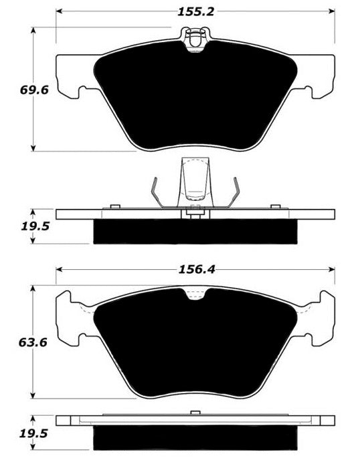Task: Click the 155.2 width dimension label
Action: coord(196,12)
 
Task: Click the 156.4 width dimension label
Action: coord(197,270)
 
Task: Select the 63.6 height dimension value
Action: coord(33,343)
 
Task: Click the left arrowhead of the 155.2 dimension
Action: coord(59,11)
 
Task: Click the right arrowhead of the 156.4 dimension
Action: coord(332,269)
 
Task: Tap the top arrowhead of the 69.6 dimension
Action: coord(33,30)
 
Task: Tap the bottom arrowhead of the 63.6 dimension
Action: coord(33,396)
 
